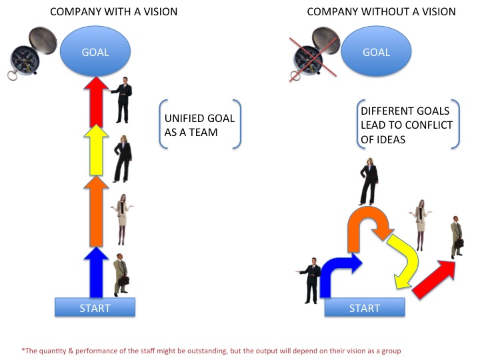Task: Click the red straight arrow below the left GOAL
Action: pyautogui.click(x=96, y=102)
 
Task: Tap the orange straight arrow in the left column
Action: pyautogui.click(x=96, y=212)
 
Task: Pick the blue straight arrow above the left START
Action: pyautogui.click(x=96, y=273)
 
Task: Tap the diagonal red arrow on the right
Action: pyautogui.click(x=434, y=279)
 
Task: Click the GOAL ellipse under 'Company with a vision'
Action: pyautogui.click(x=95, y=51)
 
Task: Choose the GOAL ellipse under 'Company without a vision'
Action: pyautogui.click(x=376, y=51)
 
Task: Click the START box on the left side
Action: pyautogui.click(x=95, y=307)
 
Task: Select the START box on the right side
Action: pyautogui.click(x=365, y=307)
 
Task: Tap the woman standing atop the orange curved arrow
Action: pyautogui.click(x=369, y=181)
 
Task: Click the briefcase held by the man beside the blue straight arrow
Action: pyautogui.click(x=123, y=281)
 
